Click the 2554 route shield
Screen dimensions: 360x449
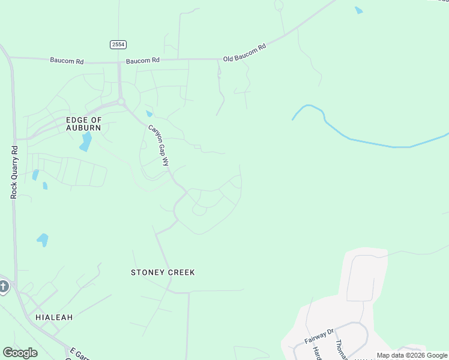click(118, 45)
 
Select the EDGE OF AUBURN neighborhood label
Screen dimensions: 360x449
click(83, 124)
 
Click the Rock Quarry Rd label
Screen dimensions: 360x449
click(14, 172)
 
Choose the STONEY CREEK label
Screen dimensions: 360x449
click(163, 272)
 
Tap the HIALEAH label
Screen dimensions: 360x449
click(53, 317)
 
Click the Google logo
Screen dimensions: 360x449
click(20, 353)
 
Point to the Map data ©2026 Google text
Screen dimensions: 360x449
click(412, 355)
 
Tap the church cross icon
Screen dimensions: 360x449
click(4, 286)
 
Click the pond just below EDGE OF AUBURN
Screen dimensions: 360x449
click(86, 142)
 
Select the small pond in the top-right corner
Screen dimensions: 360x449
click(358, 10)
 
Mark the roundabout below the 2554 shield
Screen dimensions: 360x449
click(121, 102)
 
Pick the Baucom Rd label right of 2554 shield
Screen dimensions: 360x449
click(142, 61)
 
